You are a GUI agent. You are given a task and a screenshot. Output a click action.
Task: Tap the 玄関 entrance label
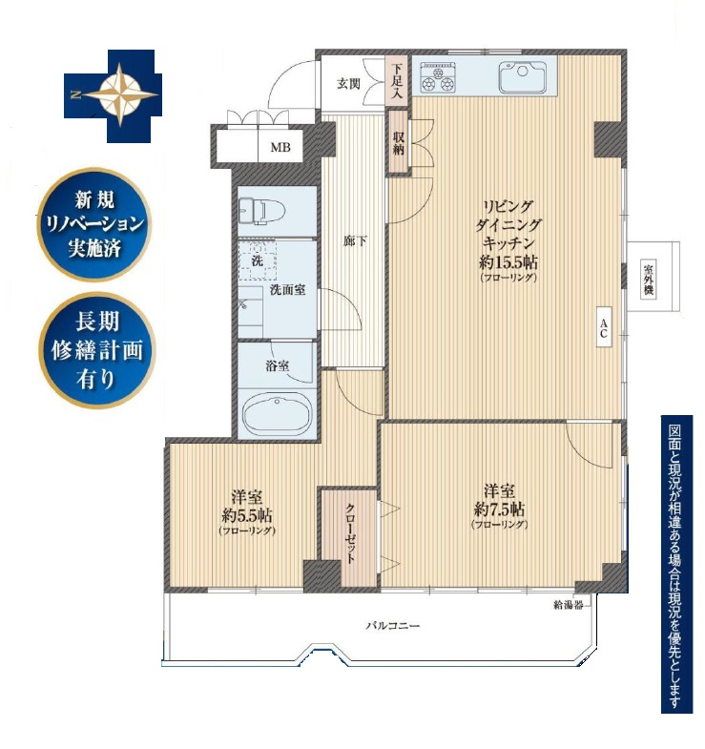point(348,84)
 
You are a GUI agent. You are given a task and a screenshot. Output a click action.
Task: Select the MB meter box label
point(280,147)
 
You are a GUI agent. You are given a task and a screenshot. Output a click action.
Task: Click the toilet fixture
point(262,210)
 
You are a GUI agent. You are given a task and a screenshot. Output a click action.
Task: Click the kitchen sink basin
point(522,77)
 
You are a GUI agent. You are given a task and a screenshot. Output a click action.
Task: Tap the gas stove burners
point(438,78)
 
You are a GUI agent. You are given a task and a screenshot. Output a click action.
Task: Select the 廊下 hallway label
point(356,241)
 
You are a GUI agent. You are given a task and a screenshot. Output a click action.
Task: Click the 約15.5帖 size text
point(508,262)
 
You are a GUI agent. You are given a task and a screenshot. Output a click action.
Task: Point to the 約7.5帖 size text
point(499,510)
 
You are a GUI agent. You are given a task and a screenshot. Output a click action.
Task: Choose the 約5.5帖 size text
point(247,515)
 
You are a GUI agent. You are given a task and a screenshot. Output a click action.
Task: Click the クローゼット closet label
point(350,533)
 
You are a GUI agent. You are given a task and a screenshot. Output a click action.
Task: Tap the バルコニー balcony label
point(393,625)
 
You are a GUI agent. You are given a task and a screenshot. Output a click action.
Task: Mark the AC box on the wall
point(604,327)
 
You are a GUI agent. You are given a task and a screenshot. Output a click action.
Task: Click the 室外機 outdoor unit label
point(648,279)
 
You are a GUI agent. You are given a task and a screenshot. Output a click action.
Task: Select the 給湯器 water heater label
point(569,605)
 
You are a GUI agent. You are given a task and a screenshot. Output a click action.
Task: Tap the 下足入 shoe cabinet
point(398,81)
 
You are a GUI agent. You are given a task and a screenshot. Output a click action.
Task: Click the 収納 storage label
point(399,143)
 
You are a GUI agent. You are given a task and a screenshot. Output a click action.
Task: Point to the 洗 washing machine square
point(258,260)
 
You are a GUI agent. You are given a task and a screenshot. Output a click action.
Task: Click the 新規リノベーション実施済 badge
point(94,224)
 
